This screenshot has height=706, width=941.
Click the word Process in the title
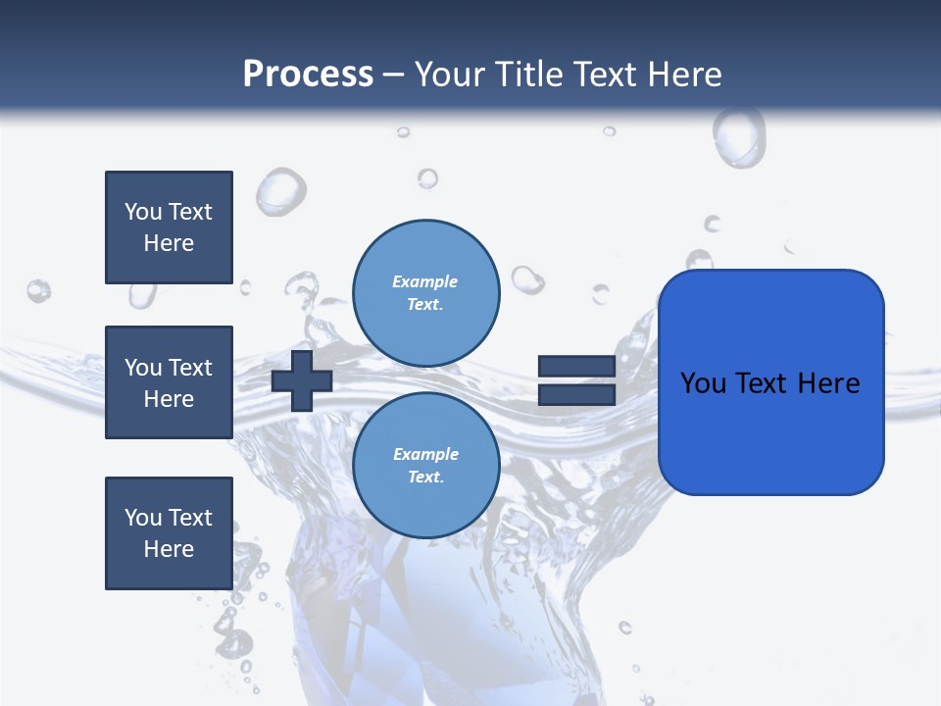pyautogui.click(x=308, y=75)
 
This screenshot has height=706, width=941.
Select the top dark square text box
pyautogui.click(x=169, y=227)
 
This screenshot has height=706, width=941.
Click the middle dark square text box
pyautogui.click(x=169, y=382)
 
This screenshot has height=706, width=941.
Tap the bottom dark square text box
pyautogui.click(x=169, y=533)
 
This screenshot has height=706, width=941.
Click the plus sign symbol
pyautogui.click(x=302, y=380)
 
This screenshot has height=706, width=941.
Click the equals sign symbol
pyautogui.click(x=576, y=380)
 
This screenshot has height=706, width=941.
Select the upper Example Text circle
pyautogui.click(x=425, y=293)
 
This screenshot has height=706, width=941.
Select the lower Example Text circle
pyautogui.click(x=425, y=466)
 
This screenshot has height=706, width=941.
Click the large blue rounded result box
pyautogui.click(x=770, y=382)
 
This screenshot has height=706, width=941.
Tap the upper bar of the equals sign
pyautogui.click(x=576, y=367)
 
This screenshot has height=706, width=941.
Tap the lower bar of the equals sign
pyautogui.click(x=576, y=394)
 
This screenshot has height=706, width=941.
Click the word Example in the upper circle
pyautogui.click(x=425, y=281)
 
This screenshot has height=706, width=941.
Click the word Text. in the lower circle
pyautogui.click(x=425, y=478)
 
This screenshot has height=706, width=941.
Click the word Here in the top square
pyautogui.click(x=169, y=243)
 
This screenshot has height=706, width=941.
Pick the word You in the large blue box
pyautogui.click(x=702, y=382)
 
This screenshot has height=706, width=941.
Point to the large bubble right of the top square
pyautogui.click(x=280, y=190)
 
